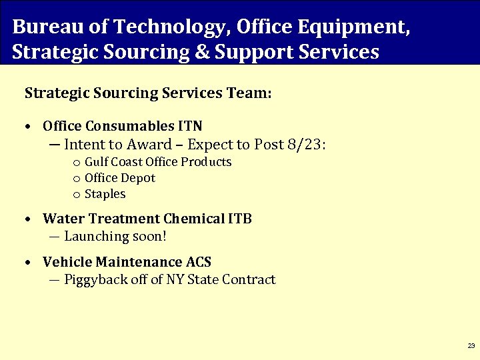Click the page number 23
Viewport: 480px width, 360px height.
click(x=471, y=346)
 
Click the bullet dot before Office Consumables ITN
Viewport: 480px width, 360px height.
click(x=27, y=127)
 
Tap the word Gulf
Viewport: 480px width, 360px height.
click(x=96, y=162)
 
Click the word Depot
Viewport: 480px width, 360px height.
click(x=138, y=178)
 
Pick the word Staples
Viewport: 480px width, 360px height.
click(x=105, y=194)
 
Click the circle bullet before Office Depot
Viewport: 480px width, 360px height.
click(x=77, y=179)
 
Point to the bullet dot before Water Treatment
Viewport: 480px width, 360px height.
click(x=27, y=219)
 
